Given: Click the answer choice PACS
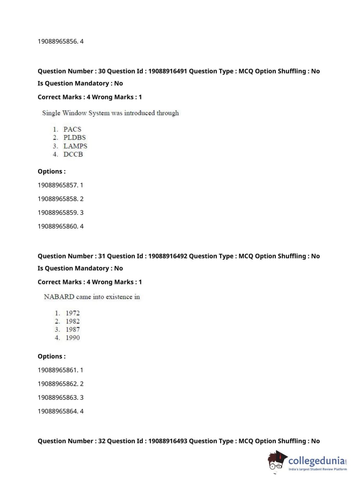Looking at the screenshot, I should (72, 129).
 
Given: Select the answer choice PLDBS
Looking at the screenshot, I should (74, 137).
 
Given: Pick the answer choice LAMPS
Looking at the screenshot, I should (75, 146).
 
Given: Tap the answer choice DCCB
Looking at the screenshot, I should (73, 154).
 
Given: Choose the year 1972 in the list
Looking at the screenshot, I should (72, 313).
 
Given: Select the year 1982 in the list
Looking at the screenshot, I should (72, 321).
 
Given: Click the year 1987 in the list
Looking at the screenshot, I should (72, 330).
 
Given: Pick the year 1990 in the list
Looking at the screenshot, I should (72, 338).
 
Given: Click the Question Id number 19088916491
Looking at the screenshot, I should (168, 71).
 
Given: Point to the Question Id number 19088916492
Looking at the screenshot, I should (168, 256).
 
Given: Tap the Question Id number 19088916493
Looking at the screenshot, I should (168, 441).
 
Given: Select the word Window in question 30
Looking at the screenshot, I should (74, 113).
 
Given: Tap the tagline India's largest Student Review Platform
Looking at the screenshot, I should (318, 469).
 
